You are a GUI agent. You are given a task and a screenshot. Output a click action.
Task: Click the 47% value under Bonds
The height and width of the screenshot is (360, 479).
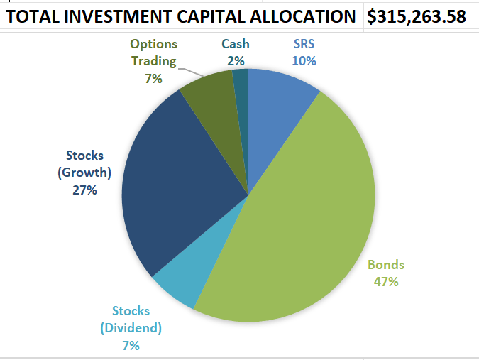pos(386,282)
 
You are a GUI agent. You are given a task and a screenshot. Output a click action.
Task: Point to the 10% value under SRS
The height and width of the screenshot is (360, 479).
pos(304,61)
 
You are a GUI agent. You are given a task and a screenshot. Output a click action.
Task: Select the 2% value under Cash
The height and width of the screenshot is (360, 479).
pos(236,61)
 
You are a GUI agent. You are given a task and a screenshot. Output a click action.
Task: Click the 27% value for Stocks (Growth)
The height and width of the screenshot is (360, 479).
pos(84,190)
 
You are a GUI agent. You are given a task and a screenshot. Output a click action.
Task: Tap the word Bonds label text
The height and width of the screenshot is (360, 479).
pos(386,266)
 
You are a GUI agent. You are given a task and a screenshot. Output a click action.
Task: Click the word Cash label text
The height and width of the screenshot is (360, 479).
pos(236,44)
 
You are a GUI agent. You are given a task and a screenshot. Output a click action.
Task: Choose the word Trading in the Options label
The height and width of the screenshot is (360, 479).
pos(153,61)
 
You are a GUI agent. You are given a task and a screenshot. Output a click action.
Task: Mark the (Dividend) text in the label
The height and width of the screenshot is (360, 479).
pos(131,328)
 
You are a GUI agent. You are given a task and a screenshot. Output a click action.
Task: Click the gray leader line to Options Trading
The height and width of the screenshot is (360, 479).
pos(191,72)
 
